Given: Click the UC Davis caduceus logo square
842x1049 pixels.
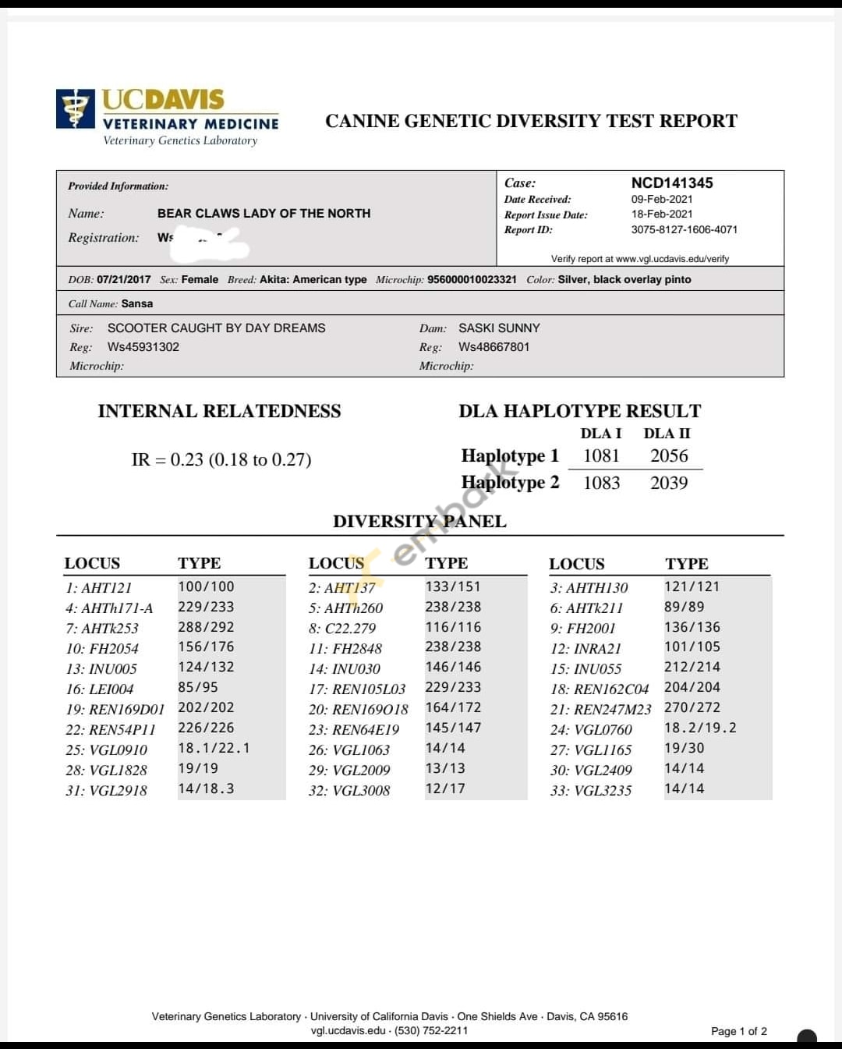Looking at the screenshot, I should pyautogui.click(x=76, y=108).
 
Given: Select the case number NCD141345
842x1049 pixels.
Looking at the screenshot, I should pyautogui.click(x=671, y=183).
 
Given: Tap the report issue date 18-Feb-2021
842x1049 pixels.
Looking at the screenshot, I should pyautogui.click(x=661, y=214).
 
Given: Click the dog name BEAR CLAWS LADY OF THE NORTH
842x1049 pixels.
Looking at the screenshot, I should pyautogui.click(x=264, y=213).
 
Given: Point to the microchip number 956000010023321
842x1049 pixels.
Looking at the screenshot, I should pyautogui.click(x=472, y=279).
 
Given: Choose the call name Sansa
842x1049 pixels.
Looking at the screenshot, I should pyautogui.click(x=137, y=303).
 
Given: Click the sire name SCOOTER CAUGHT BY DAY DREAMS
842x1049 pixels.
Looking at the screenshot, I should pyautogui.click(x=216, y=328).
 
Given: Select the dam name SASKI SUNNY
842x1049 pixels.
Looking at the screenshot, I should pyautogui.click(x=499, y=328).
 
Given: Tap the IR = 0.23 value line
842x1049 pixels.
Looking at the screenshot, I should pyautogui.click(x=221, y=459).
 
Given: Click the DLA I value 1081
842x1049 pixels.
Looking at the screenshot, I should pyautogui.click(x=601, y=455).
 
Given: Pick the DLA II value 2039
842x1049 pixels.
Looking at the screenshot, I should pyautogui.click(x=669, y=483).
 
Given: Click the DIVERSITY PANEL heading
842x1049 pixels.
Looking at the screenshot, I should pyautogui.click(x=419, y=521).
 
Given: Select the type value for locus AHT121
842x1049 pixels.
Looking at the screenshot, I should pyautogui.click(x=206, y=587).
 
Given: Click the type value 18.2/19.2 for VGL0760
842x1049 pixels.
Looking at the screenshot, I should pyautogui.click(x=699, y=728).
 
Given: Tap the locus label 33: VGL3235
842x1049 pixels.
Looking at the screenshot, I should pyautogui.click(x=591, y=790).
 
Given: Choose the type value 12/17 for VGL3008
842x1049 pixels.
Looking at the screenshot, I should pyautogui.click(x=445, y=789).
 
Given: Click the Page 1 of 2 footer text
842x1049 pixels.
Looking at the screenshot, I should pyautogui.click(x=738, y=1031).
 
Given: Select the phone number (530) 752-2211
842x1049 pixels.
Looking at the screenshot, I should pyautogui.click(x=432, y=1030).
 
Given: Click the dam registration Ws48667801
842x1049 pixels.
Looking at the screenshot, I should pyautogui.click(x=494, y=346).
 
